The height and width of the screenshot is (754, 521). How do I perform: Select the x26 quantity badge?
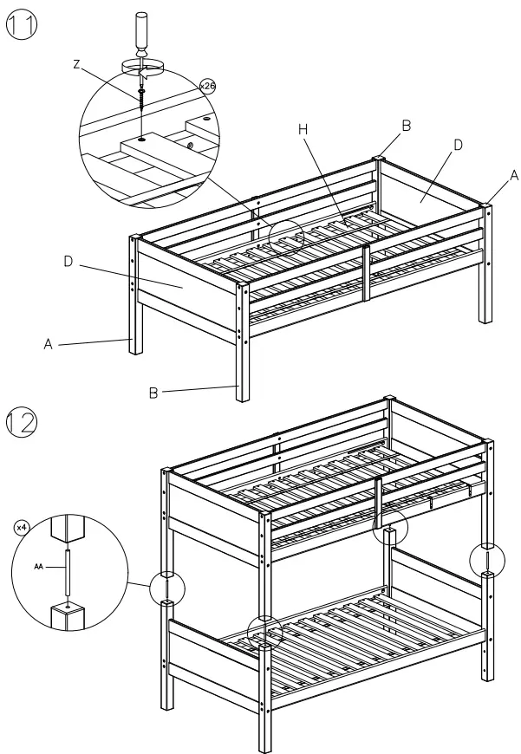coord(207,87)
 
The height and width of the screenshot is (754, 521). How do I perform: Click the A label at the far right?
coord(514,174)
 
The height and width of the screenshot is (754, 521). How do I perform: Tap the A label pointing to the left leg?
coord(50,344)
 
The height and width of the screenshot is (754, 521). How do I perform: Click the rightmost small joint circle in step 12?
coord(488,559)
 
